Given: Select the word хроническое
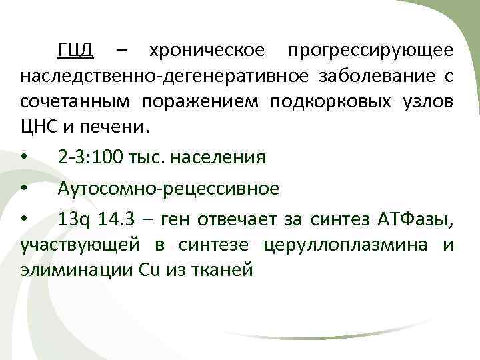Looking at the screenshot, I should coord(207,51).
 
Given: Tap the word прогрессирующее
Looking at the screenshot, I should coord(370,51).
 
